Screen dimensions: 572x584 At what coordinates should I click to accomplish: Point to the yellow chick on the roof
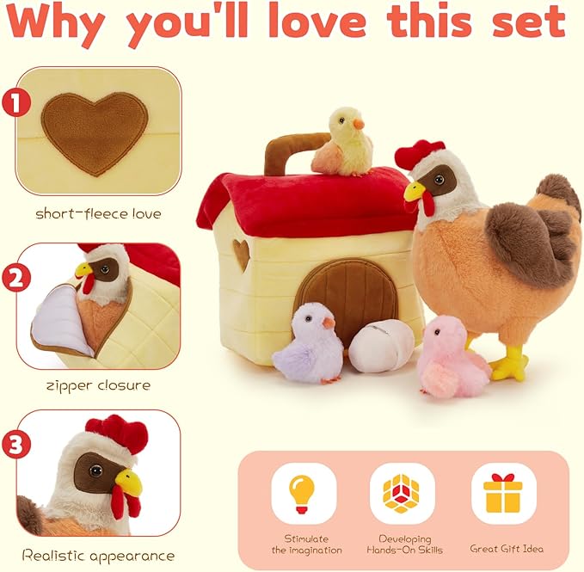[343, 143]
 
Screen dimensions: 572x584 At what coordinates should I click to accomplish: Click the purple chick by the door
[307, 345]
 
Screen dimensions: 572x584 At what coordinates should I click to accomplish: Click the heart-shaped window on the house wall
[242, 254]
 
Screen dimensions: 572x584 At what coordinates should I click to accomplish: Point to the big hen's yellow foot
[510, 363]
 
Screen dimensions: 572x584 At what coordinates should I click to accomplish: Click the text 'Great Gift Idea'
[506, 548]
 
